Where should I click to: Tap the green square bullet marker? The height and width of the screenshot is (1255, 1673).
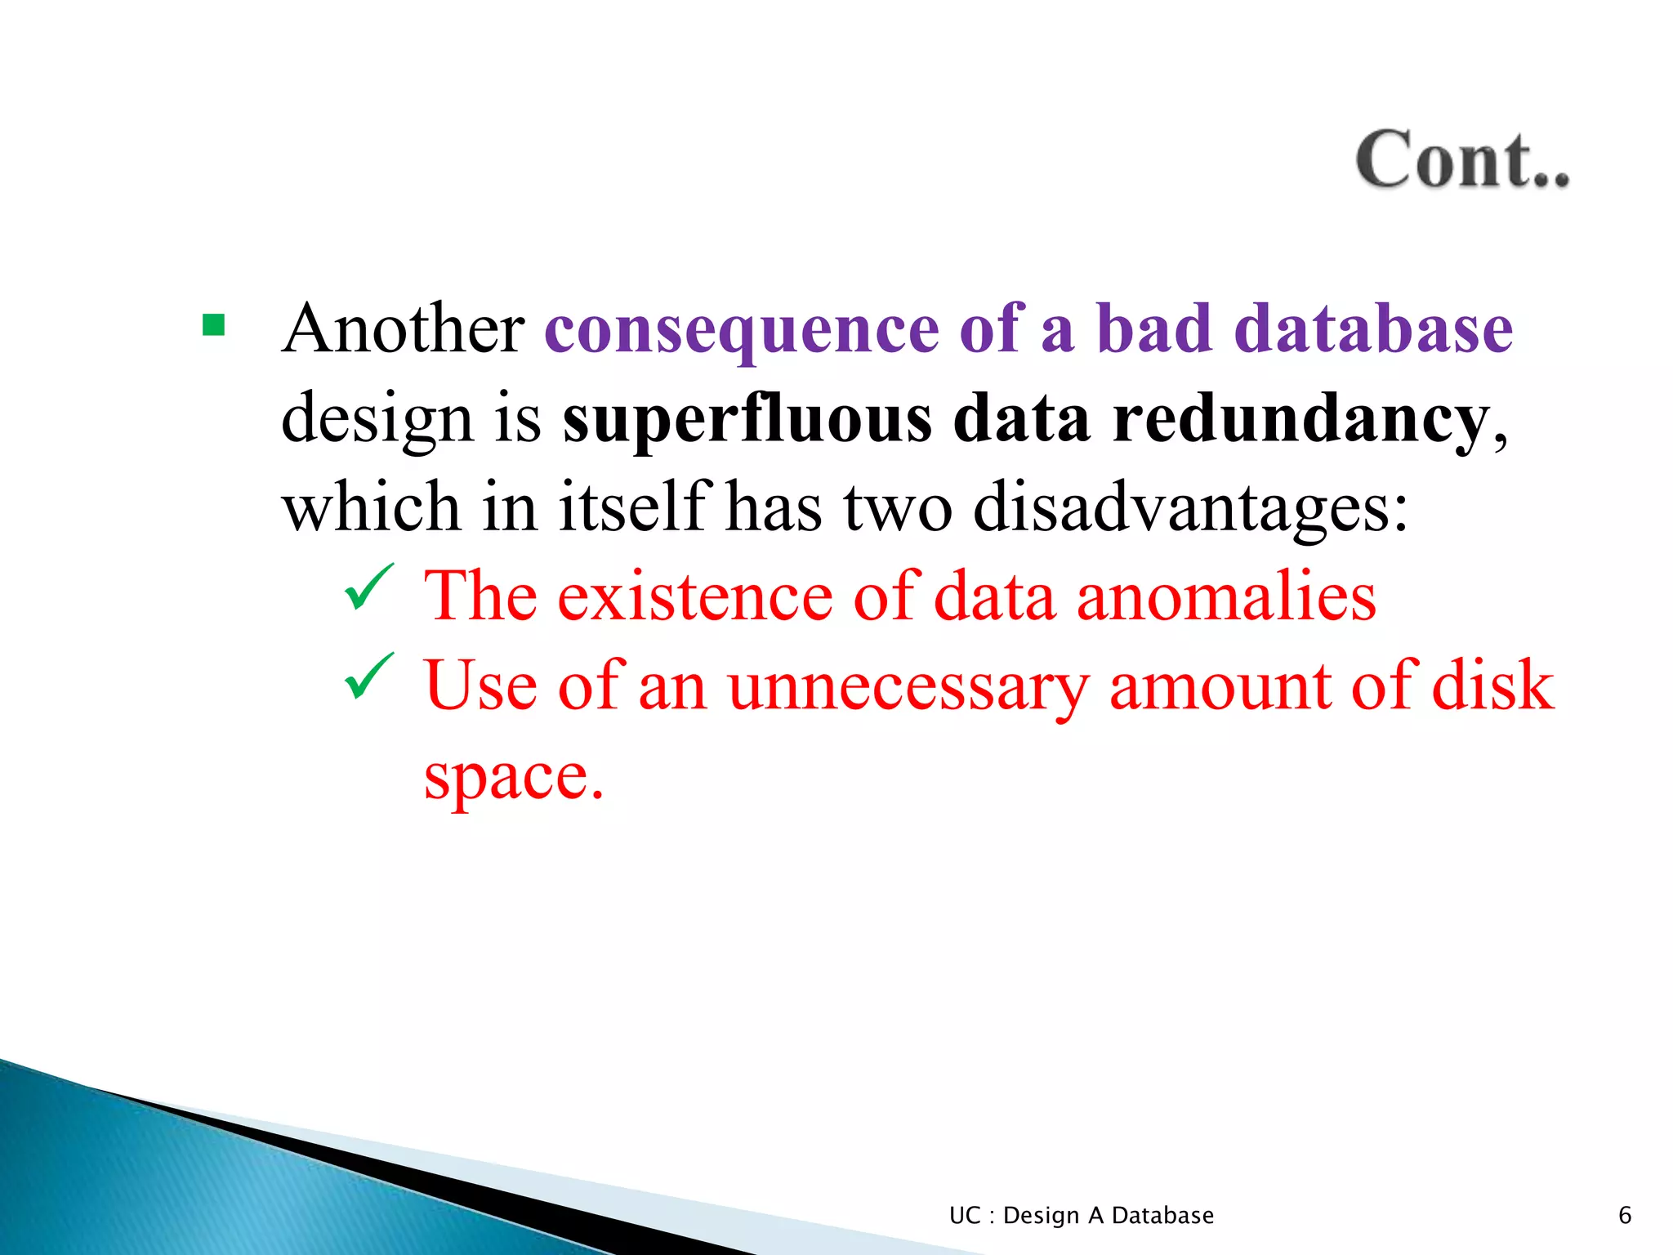(x=213, y=326)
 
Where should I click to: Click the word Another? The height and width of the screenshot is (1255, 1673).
(x=404, y=328)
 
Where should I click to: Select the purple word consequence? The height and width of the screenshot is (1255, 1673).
(x=742, y=330)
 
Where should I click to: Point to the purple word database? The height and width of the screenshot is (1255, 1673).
(x=1373, y=328)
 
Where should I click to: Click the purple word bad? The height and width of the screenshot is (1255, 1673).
(x=1153, y=328)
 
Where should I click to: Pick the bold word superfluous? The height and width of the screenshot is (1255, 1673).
(x=747, y=419)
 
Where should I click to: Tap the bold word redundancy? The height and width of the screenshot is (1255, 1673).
(x=1301, y=419)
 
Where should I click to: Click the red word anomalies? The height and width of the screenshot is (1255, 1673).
(x=1226, y=596)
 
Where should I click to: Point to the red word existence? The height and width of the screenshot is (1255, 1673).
(x=695, y=596)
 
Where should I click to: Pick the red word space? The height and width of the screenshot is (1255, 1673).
(x=513, y=776)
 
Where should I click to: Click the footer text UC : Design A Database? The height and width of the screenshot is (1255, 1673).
(x=1081, y=1215)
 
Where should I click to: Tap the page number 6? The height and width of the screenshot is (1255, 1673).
(x=1624, y=1215)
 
